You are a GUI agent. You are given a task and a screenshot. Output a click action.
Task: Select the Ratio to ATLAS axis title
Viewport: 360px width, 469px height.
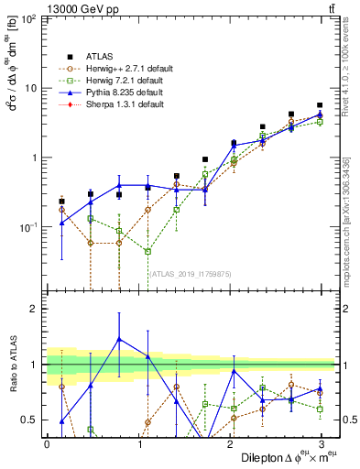click(x=12, y=365)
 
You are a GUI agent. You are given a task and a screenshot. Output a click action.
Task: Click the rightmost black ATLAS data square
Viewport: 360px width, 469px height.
click(x=320, y=105)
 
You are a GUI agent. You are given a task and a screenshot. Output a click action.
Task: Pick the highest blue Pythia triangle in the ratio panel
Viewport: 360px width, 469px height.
click(x=119, y=338)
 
